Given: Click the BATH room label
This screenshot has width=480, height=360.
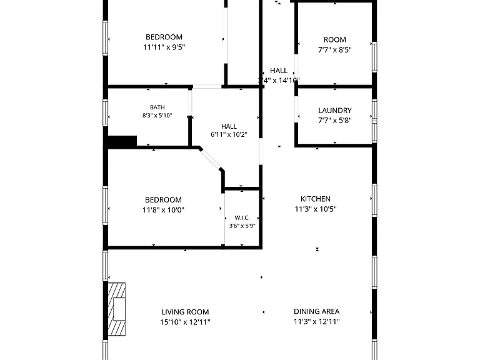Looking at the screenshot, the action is (x=157, y=107).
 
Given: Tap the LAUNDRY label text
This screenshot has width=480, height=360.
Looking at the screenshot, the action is (x=335, y=111).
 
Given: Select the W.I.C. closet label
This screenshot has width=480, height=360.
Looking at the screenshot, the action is (x=242, y=218).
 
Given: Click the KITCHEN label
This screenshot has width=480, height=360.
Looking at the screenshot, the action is (x=316, y=199).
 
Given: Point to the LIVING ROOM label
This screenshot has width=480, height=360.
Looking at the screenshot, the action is (x=185, y=312).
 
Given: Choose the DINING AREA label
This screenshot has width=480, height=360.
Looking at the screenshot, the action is (x=316, y=311).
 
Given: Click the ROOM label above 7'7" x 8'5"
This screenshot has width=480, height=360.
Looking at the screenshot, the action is (x=335, y=40).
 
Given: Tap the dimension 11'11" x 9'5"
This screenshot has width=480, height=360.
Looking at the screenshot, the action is (x=164, y=47).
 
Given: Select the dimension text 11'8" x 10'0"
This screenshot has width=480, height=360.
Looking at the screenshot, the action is (x=164, y=210).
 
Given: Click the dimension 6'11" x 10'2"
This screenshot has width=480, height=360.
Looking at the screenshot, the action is (x=229, y=134).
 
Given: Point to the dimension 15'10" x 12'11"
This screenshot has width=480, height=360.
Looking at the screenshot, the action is (x=185, y=322).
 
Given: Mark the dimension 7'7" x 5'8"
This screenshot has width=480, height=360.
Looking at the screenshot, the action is (x=335, y=120).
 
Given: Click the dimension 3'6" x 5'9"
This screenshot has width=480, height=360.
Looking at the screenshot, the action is (x=242, y=226).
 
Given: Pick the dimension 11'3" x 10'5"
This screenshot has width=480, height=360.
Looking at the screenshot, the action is (x=316, y=209).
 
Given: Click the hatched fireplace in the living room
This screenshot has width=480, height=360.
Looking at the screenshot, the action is (x=117, y=309).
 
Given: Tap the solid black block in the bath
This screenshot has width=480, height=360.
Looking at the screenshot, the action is (x=122, y=141).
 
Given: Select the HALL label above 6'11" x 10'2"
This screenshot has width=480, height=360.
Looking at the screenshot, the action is (x=229, y=126).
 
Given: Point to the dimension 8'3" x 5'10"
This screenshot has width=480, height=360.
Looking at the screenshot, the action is (x=157, y=116).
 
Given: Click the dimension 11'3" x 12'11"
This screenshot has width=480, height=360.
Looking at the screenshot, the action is (x=317, y=321).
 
